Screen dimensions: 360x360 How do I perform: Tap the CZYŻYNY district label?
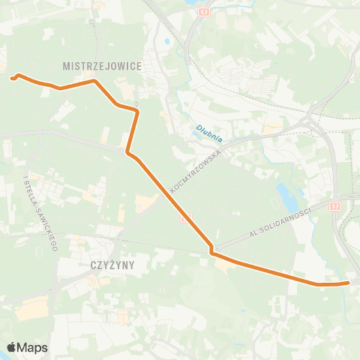(111, 264)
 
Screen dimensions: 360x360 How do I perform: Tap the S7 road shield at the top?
(205, 13)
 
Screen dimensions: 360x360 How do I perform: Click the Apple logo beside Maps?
(12, 347)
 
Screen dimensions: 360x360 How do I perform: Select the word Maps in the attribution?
(34, 347)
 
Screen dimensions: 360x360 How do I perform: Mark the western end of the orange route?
(12, 77)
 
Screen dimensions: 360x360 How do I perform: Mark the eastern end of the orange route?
(349, 283)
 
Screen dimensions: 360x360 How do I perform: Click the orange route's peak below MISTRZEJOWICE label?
(94, 80)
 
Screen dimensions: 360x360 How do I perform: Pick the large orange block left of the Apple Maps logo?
(30, 309)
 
